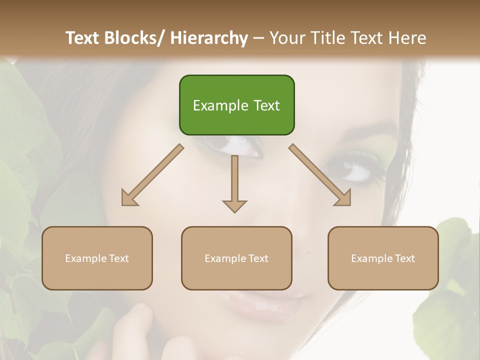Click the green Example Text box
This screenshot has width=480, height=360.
pyautogui.click(x=236, y=105)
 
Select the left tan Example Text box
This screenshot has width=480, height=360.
pyautogui.click(x=97, y=258)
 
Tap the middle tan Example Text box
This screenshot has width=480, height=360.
pyautogui.click(x=236, y=258)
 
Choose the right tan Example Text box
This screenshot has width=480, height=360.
pyautogui.click(x=383, y=258)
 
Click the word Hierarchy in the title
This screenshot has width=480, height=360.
pyautogui.click(x=209, y=38)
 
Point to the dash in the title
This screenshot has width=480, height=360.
pyautogui.click(x=258, y=38)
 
